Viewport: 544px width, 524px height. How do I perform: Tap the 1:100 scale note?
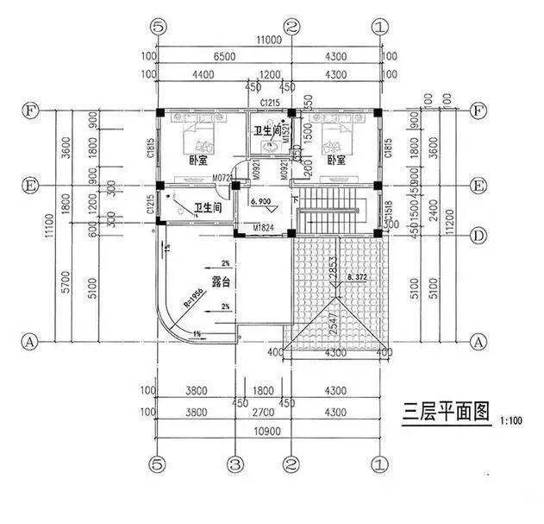510,420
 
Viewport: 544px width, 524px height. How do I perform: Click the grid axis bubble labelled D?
478,235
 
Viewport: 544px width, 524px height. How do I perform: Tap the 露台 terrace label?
222,282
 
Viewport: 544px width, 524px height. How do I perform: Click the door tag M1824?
264,228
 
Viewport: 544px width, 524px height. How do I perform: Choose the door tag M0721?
223,177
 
